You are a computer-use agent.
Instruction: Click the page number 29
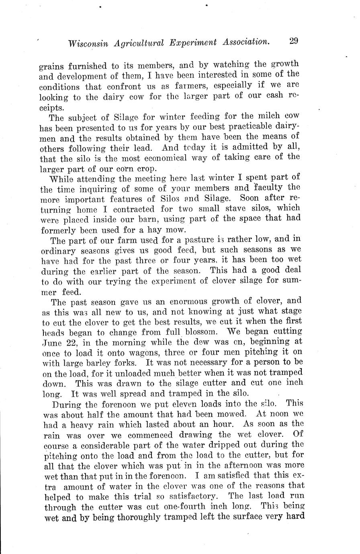point(292,41)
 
